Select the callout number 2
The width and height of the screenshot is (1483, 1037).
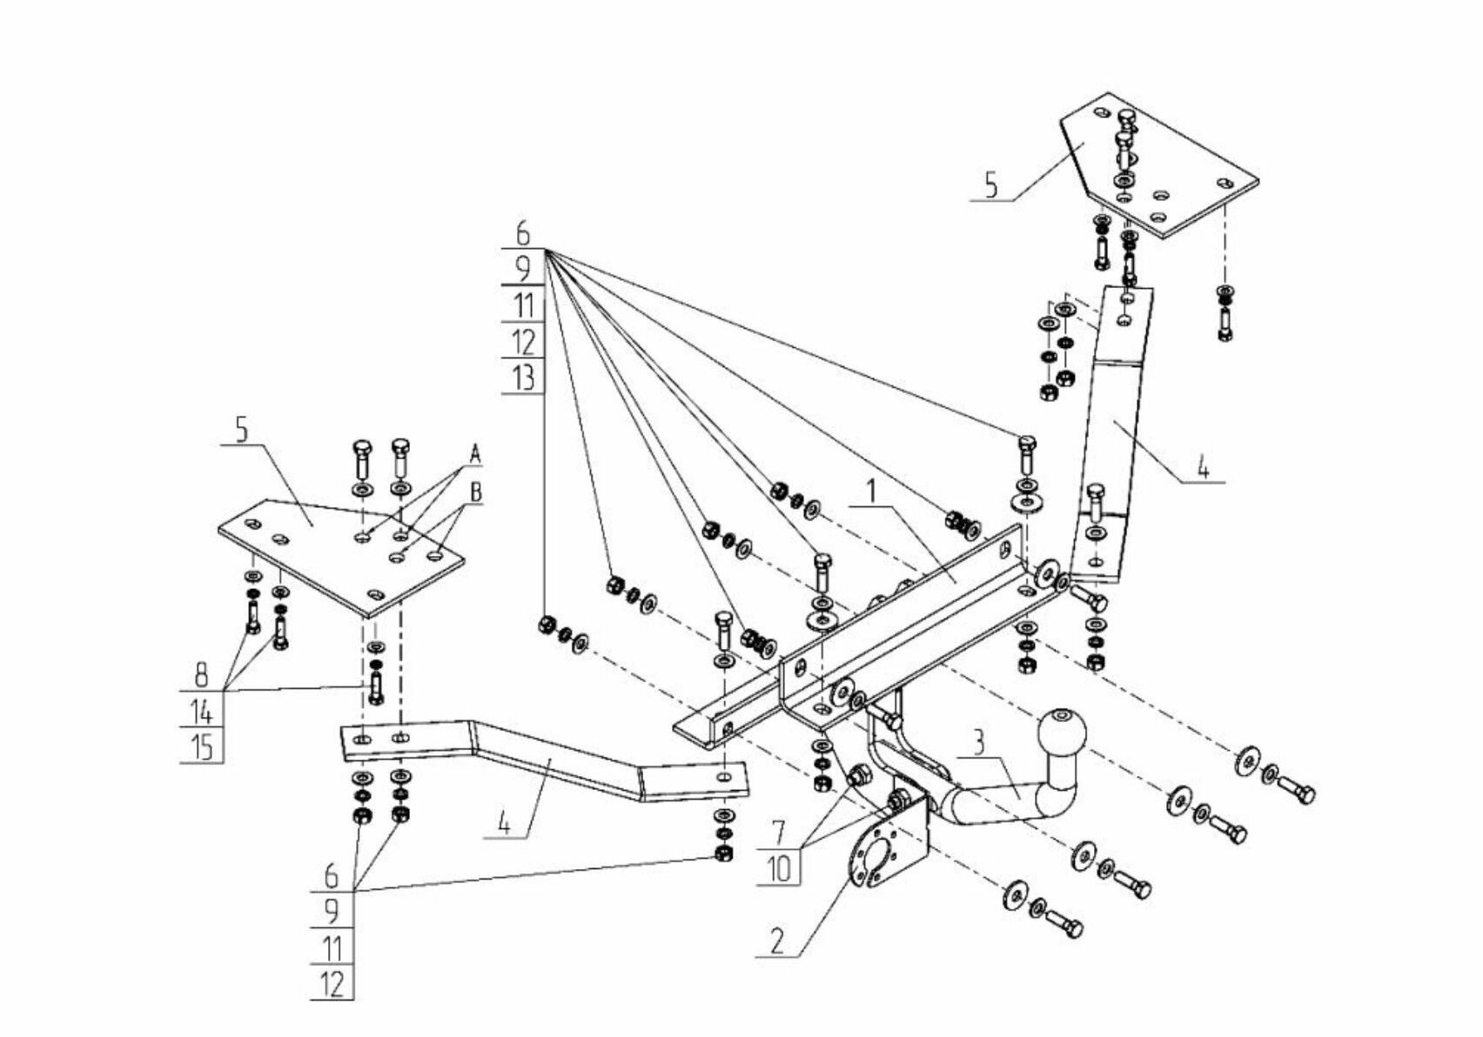point(777,940)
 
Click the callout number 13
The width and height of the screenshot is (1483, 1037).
point(523,378)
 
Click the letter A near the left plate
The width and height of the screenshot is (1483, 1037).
point(475,453)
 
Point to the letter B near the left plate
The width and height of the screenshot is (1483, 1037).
point(476,492)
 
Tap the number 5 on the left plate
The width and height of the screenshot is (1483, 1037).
point(241,429)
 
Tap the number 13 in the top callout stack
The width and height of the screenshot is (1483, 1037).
point(523,378)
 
